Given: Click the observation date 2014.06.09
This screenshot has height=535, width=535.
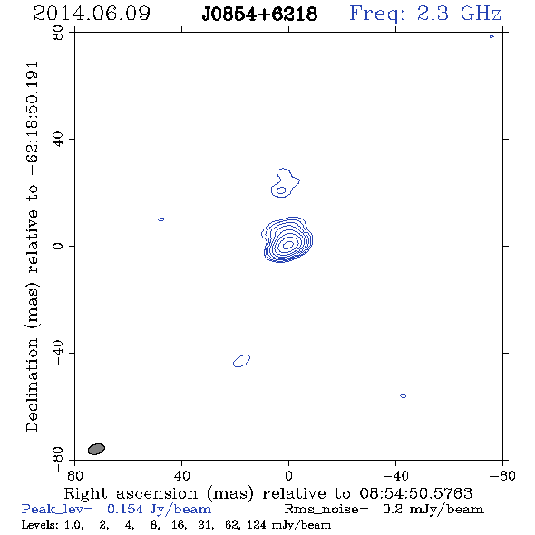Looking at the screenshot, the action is point(92,14).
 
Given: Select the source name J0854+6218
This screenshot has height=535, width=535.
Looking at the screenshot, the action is point(259,14).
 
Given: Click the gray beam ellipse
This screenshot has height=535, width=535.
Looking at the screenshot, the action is point(96,449).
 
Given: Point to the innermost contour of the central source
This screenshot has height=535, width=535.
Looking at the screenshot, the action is point(288,245).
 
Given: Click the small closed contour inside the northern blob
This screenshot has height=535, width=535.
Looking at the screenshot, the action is point(281,190).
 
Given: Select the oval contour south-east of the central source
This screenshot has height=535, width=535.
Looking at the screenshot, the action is point(241,361).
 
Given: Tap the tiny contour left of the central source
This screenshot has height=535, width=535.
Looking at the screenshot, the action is point(161,219).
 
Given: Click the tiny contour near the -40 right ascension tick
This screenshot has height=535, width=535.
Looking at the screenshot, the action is point(403,396).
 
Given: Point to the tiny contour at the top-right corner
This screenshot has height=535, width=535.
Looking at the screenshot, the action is point(491,36).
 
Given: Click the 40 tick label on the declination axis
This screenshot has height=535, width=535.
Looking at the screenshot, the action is point(58,140).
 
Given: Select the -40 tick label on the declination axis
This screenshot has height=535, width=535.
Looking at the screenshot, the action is point(58,353).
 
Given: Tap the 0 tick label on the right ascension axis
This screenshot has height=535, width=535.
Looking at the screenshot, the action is point(288,475).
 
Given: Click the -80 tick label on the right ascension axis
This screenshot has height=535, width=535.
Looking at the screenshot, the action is point(502,475).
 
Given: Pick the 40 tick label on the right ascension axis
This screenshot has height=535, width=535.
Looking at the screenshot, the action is point(181,475).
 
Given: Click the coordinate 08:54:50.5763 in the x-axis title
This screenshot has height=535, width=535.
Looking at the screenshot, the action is point(416,493).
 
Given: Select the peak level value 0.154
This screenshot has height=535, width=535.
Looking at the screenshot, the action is point(125,509).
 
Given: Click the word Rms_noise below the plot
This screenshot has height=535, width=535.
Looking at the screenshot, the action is point(326,510).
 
